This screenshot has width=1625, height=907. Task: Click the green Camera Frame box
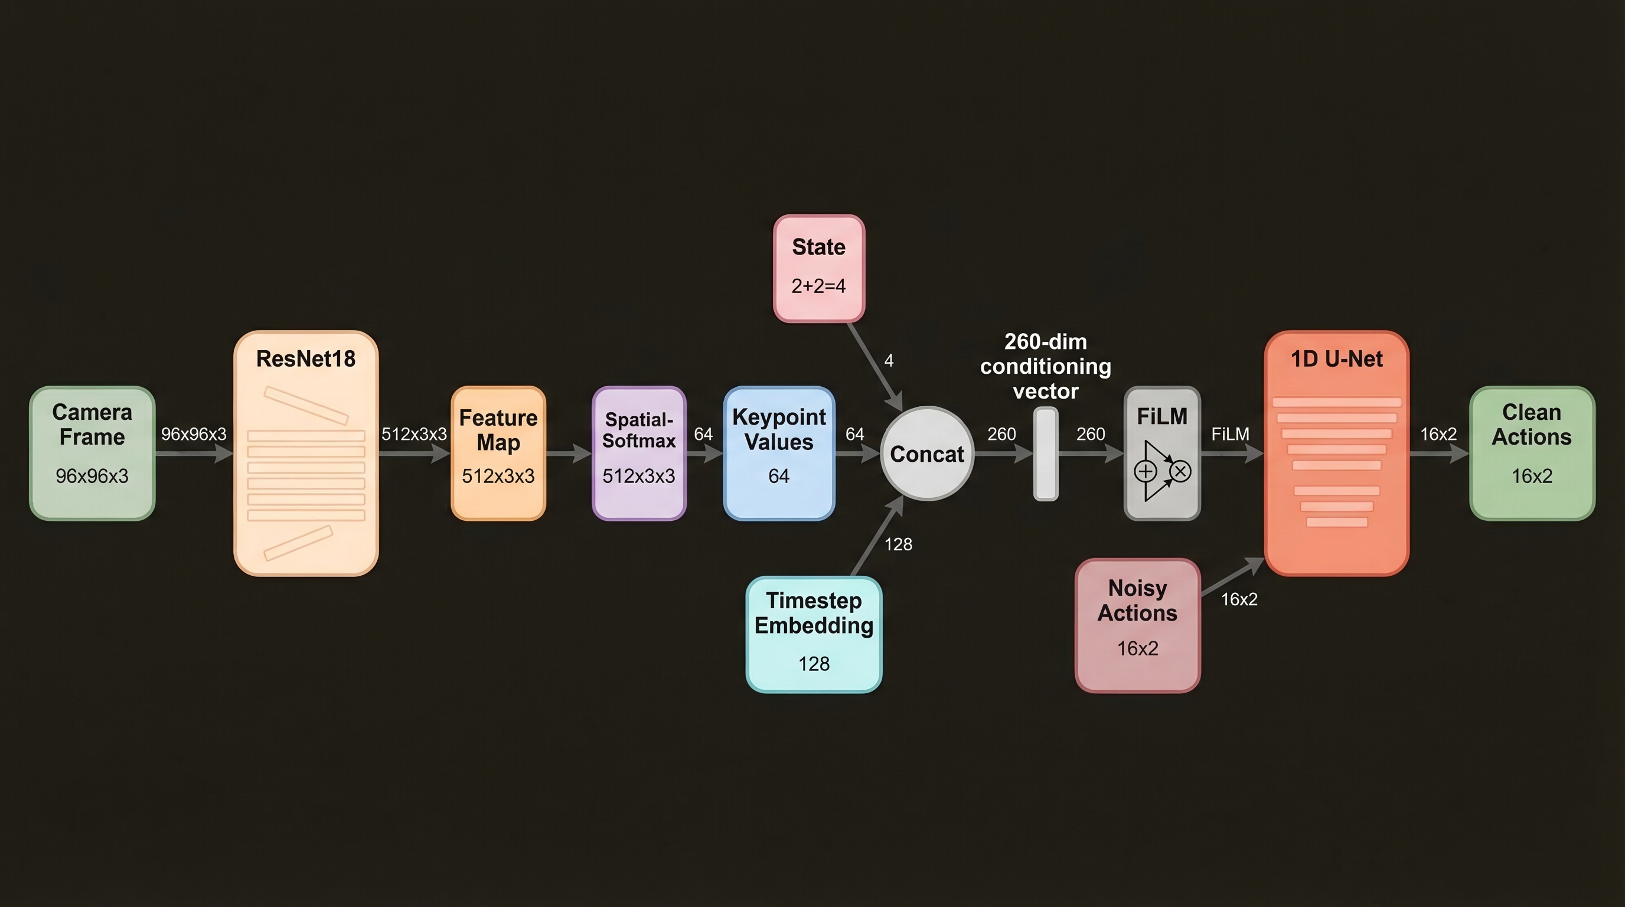coord(92,453)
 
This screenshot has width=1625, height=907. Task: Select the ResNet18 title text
coord(306,359)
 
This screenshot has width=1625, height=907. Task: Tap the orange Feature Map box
coord(498,453)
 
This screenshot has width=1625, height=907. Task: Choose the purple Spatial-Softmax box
coord(639,453)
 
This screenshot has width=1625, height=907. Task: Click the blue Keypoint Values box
coord(779,453)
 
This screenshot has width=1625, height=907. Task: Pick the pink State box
coord(819,268)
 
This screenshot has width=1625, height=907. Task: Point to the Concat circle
coord(926,453)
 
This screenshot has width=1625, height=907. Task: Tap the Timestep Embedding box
coord(814,634)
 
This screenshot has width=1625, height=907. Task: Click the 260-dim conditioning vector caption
coord(1045,367)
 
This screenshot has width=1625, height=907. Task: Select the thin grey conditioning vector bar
coord(1045,453)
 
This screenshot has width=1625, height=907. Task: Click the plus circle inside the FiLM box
coord(1146,471)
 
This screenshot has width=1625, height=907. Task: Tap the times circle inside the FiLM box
coord(1180,471)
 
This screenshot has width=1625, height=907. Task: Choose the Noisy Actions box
coord(1137,624)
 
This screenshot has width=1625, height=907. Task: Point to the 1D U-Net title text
coord(1336,359)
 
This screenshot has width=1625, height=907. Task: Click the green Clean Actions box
coord(1532,453)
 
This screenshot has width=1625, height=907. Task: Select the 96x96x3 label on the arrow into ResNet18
coord(194,434)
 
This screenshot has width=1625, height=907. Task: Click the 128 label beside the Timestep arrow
coord(898,544)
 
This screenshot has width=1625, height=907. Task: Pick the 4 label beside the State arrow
coord(889,360)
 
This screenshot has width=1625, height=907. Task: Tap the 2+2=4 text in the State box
coord(819,286)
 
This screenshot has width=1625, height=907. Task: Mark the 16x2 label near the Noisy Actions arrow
coord(1239,599)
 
